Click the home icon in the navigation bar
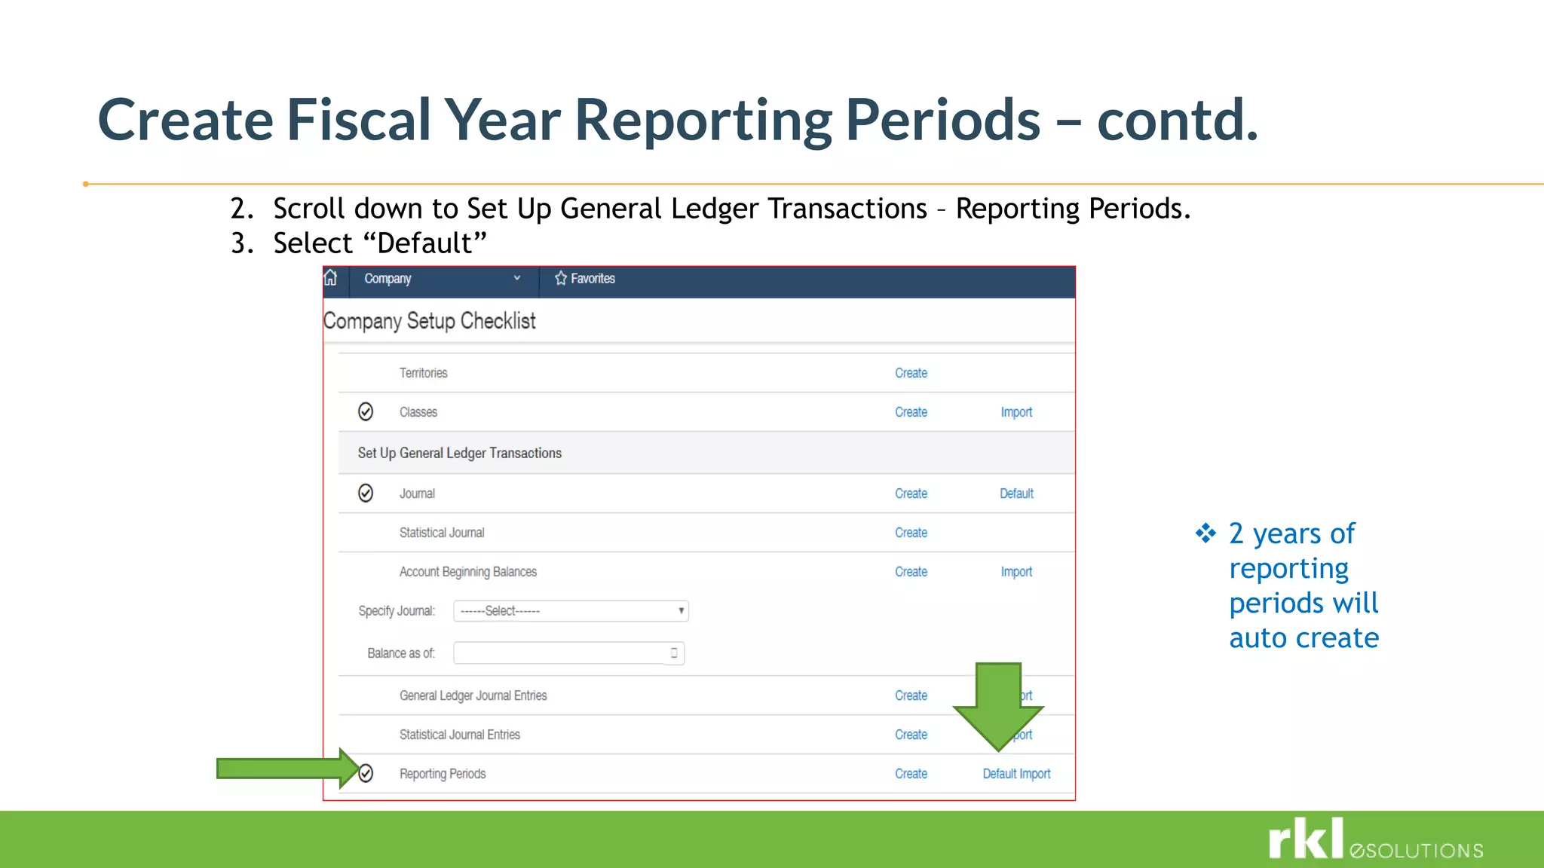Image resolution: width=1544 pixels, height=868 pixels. [x=330, y=278]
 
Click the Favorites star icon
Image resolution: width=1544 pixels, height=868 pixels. [x=561, y=278]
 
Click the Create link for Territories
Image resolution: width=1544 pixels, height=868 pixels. [x=911, y=373]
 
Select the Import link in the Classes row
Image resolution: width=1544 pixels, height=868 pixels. [x=1016, y=412]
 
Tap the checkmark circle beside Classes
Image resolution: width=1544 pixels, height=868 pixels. [x=366, y=411]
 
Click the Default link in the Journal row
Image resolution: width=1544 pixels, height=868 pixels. [x=1016, y=494]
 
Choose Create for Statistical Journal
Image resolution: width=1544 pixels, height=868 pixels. [x=911, y=533]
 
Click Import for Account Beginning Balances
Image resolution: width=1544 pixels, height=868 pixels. [x=1016, y=572]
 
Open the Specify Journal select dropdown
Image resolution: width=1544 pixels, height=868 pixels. [x=571, y=611]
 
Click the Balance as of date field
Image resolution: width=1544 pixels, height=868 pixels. [x=562, y=653]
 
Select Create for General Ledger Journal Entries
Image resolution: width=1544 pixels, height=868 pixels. [x=911, y=695]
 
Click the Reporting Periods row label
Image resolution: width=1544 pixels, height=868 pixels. [x=443, y=774]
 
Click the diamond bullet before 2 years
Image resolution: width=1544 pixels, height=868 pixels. [x=1205, y=533]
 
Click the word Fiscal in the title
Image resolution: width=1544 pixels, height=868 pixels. [x=359, y=120]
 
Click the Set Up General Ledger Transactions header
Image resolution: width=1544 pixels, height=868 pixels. [x=460, y=453]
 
